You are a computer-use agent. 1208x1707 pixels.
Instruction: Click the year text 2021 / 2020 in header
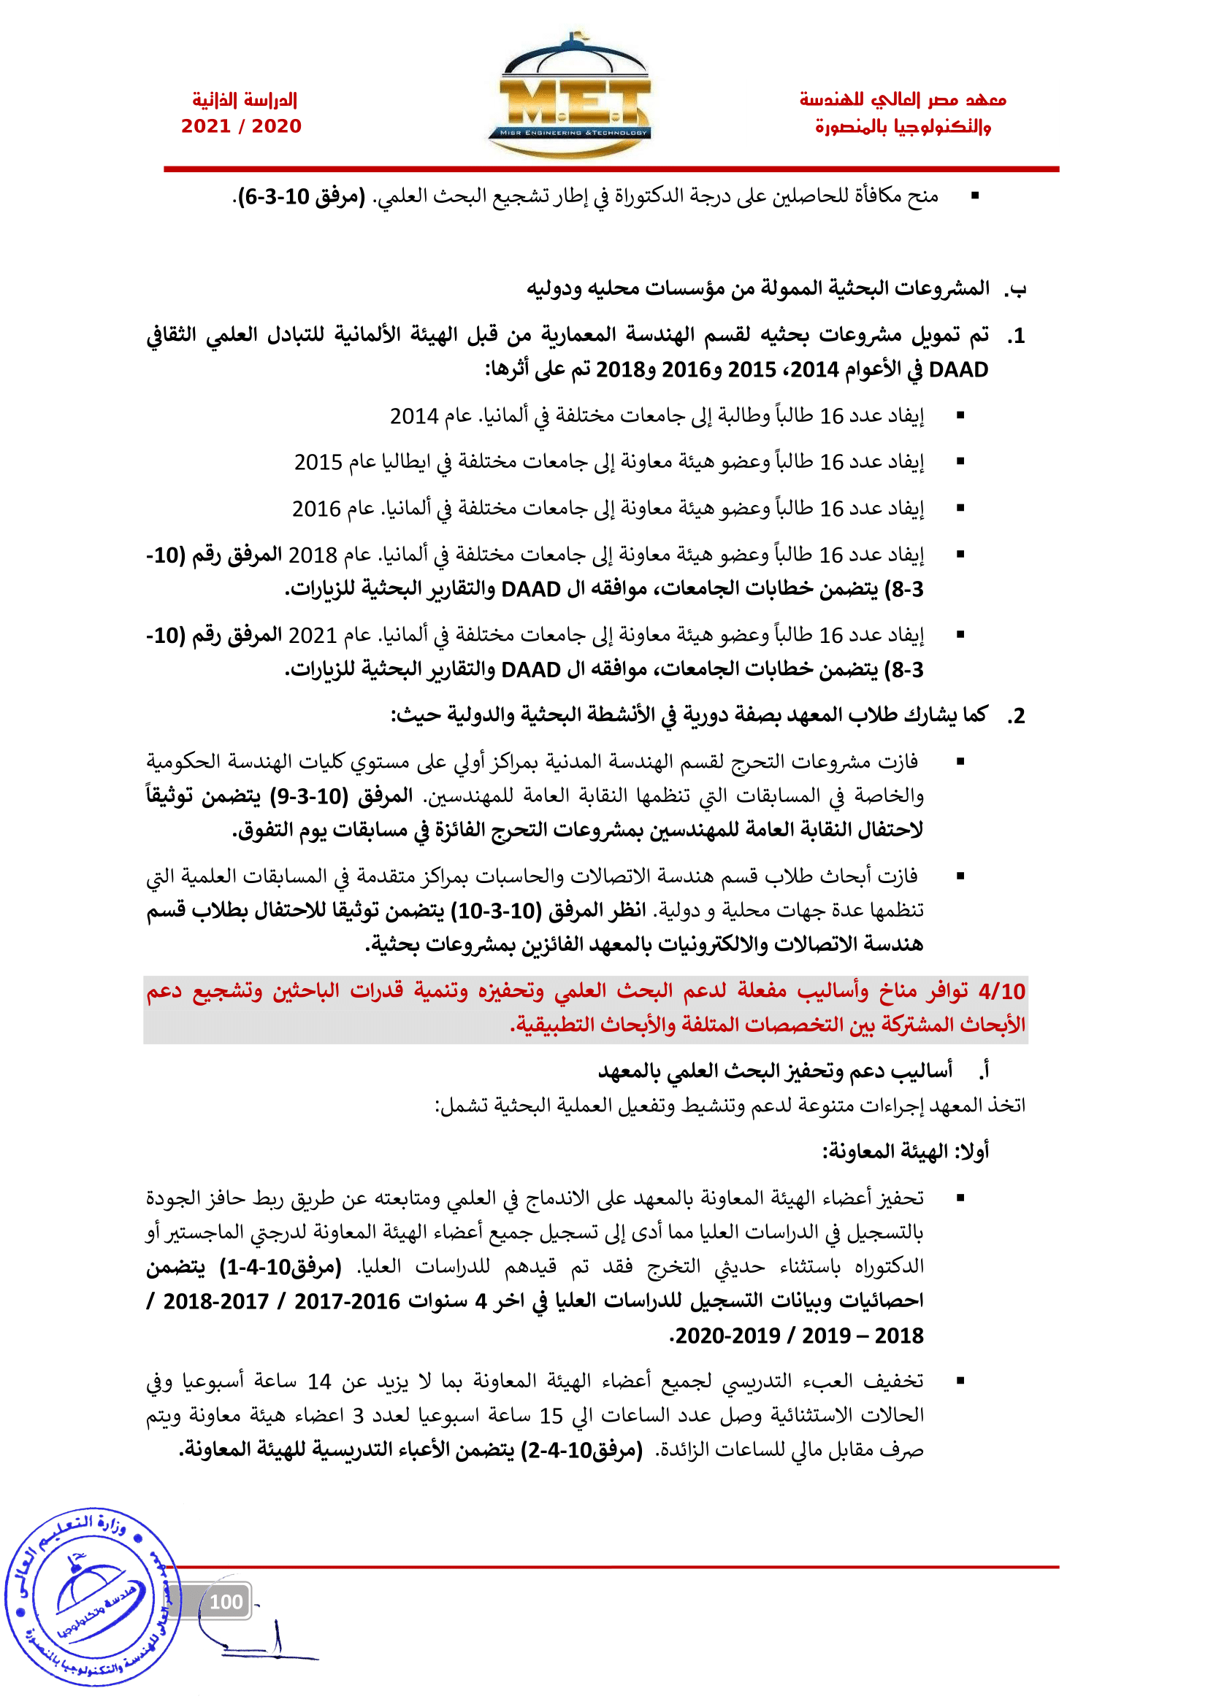[x=241, y=126]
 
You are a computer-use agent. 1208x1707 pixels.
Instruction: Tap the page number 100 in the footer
[x=226, y=1601]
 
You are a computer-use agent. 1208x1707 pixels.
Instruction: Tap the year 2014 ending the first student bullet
[x=413, y=416]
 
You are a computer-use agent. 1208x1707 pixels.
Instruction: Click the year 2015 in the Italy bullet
[x=318, y=463]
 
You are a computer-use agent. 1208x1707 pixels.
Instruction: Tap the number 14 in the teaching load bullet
[x=319, y=1382]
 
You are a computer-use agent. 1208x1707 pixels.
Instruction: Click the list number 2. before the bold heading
[x=1017, y=716]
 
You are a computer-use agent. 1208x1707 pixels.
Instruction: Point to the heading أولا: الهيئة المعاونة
[x=905, y=1152]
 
